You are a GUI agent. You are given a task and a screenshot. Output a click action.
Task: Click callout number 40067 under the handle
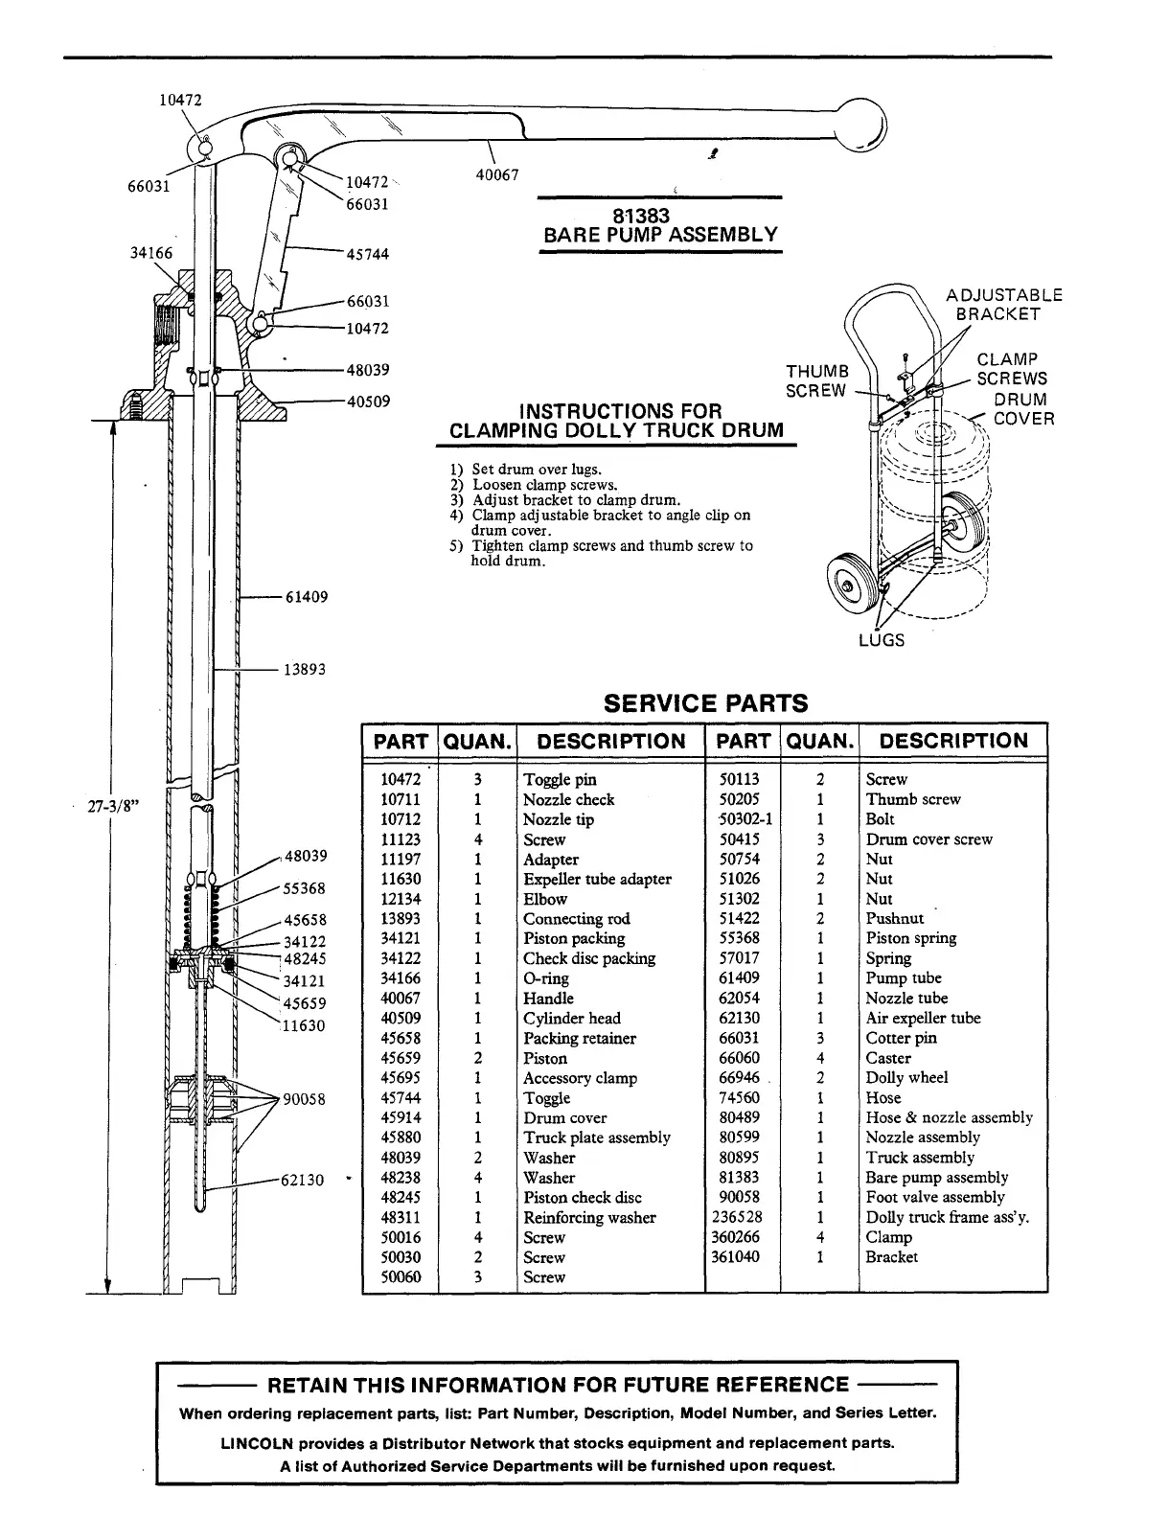[498, 174]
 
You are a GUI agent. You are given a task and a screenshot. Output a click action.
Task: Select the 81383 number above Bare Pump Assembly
[659, 217]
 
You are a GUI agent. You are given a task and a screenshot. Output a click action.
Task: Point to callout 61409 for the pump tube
[307, 597]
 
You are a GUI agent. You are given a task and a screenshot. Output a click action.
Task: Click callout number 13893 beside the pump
[305, 669]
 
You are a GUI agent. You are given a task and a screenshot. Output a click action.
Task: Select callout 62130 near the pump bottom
[302, 1180]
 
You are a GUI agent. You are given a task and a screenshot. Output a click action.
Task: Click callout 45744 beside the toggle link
[367, 254]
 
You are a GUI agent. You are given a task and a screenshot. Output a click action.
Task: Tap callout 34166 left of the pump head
[151, 254]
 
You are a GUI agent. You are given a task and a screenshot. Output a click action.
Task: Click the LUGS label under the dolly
[881, 640]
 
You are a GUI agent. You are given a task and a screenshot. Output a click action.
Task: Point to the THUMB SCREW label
[817, 380]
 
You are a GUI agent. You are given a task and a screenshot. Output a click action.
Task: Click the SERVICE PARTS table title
[706, 703]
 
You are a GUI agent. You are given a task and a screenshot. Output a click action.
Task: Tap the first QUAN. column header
[476, 741]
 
